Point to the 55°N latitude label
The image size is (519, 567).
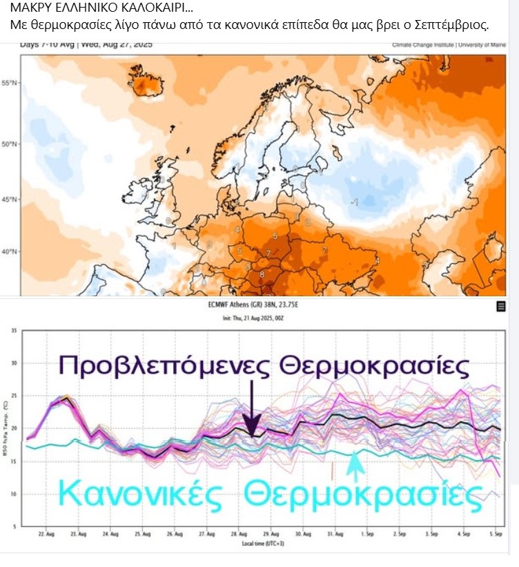11,83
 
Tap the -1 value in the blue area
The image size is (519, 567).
354,202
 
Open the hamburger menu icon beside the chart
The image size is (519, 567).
501,307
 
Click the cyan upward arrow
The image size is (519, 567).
354,465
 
